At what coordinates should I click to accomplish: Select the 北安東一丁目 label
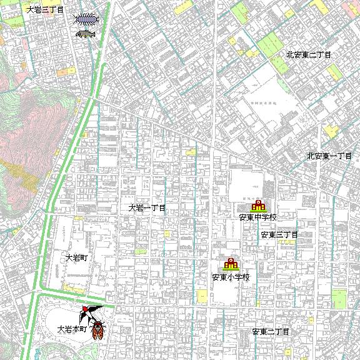[x=329, y=156]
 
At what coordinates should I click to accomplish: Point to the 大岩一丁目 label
[x=147, y=207]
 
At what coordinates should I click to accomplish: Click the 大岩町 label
[x=79, y=257]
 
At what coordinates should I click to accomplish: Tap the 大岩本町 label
[x=71, y=329]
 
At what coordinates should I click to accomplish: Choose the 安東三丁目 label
[x=279, y=235]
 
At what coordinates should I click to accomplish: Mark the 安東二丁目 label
[x=271, y=331]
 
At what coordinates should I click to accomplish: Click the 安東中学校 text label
[x=257, y=218]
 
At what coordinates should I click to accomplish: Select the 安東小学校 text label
[x=231, y=277]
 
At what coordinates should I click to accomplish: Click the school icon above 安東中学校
[x=258, y=206]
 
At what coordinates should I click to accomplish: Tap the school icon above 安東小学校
[x=231, y=264]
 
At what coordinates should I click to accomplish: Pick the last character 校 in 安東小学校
[x=246, y=277]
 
